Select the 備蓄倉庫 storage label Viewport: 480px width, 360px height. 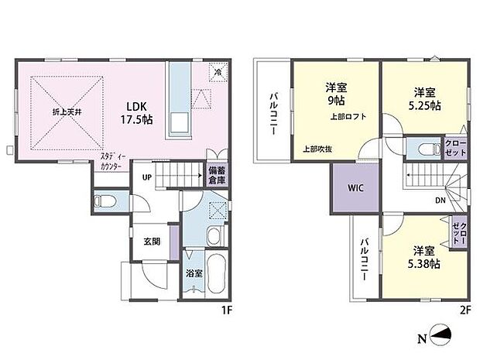coord(216,174)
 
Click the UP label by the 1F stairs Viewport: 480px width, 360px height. coord(146,176)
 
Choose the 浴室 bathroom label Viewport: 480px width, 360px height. coord(194,273)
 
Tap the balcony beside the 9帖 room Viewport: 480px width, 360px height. coord(273,113)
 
